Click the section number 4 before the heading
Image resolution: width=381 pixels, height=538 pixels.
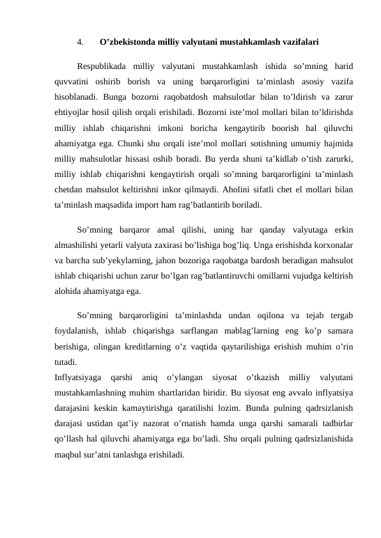click(x=79, y=43)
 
